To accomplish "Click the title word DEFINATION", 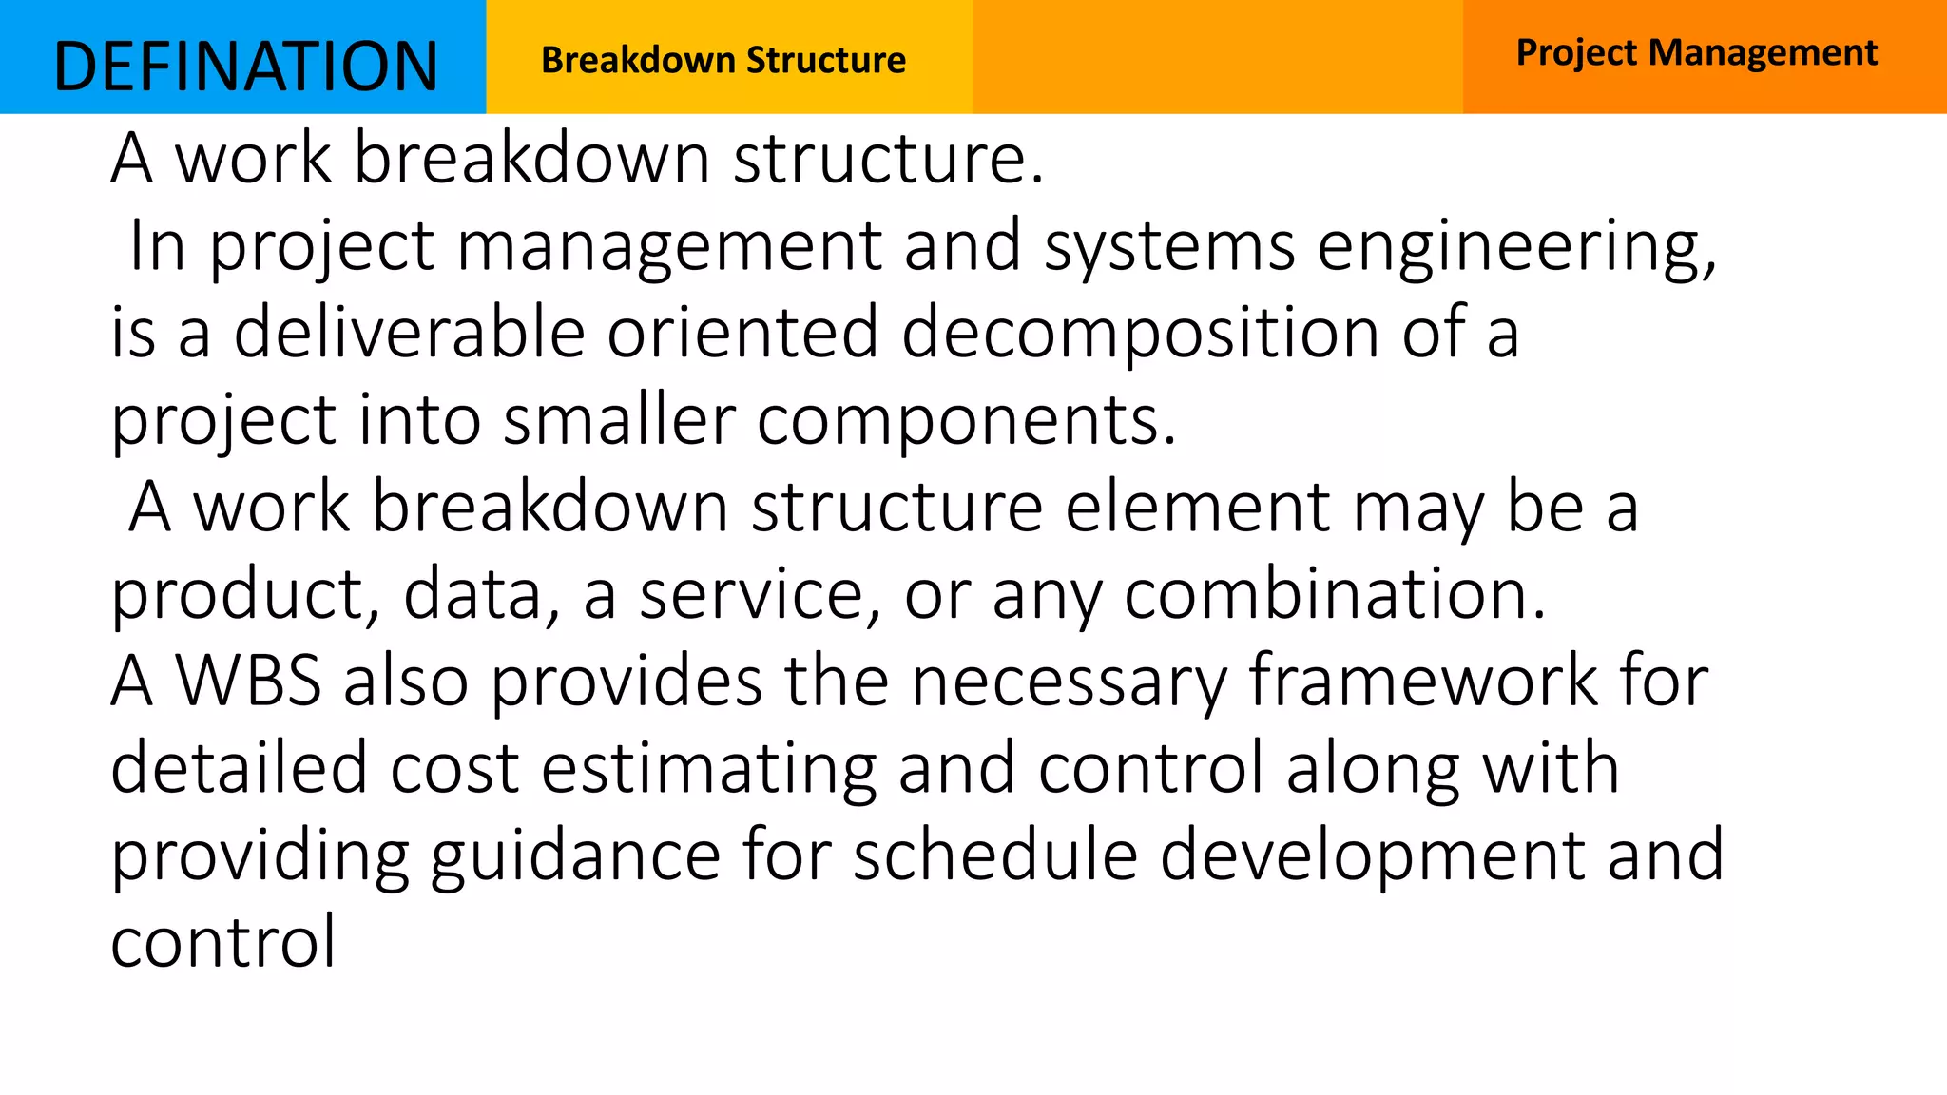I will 245,67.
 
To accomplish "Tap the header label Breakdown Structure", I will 723,60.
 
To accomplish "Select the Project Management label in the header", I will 1696,52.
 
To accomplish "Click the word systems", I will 1169,245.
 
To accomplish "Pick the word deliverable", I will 409,332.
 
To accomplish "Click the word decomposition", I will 1140,334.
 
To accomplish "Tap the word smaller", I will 619,419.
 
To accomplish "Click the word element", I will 1197,507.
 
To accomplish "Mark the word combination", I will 1335,594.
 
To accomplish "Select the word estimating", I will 708,768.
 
